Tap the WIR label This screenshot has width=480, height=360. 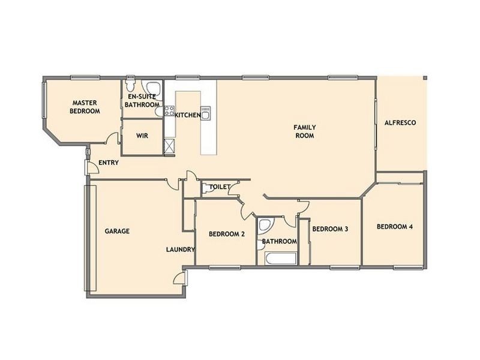tap(142, 136)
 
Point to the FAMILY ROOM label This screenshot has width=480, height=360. tap(304, 131)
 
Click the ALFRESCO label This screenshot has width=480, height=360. tap(400, 123)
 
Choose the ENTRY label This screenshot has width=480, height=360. tap(109, 163)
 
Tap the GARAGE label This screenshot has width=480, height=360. tap(118, 231)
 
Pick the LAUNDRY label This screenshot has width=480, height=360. tap(180, 250)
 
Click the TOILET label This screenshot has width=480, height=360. tap(220, 187)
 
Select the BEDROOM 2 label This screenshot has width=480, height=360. tap(226, 235)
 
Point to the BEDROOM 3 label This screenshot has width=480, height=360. tap(331, 229)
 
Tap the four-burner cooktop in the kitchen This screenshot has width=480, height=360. tap(169, 110)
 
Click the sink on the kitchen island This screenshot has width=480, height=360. tap(205, 114)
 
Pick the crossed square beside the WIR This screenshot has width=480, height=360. tap(169, 145)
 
